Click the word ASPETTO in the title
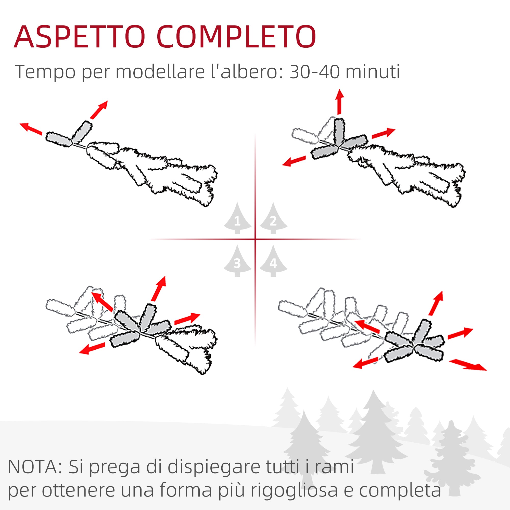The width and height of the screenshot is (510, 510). pos(80,37)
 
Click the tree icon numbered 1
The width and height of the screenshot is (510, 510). pos(237,218)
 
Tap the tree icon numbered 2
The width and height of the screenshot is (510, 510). pos(273,218)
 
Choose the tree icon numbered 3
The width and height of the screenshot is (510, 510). pos(237,261)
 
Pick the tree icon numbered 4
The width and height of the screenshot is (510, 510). pos(273,261)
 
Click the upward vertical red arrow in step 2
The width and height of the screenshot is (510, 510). pos(339,102)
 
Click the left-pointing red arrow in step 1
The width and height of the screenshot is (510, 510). pos(31,129)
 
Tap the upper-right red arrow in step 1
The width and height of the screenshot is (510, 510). pos(99,110)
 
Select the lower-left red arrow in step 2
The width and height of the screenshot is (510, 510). pos(294,161)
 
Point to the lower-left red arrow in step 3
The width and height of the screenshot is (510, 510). pos(92,348)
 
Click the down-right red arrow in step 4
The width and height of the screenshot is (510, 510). pos(468,365)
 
